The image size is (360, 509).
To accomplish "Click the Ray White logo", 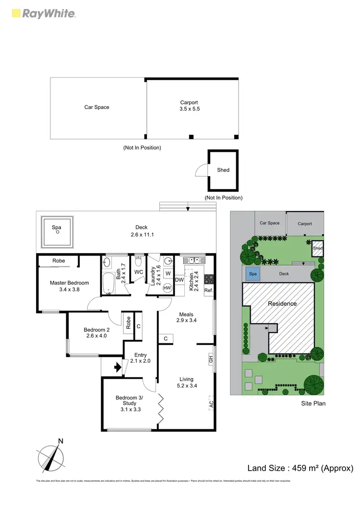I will tap(43, 13).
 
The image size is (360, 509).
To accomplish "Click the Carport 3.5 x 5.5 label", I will tap(189, 106).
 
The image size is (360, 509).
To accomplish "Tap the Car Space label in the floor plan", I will tap(96, 107).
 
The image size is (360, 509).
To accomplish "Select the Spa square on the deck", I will tap(57, 231).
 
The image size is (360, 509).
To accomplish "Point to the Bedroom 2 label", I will tap(97, 333).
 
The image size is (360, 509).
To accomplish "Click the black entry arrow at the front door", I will tap(117, 368).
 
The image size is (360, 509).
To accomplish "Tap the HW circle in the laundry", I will tap(168, 288).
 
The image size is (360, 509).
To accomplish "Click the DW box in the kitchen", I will tap(180, 280).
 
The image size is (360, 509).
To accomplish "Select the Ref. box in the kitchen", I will tap(208, 291).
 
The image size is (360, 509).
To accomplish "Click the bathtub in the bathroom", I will tap(109, 284).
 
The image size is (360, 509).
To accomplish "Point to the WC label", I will tap(139, 272).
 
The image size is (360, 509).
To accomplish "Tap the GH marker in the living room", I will tap(211, 359).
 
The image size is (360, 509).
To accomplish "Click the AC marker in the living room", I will tap(211, 405).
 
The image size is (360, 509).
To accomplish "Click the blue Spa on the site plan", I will tap(252, 275).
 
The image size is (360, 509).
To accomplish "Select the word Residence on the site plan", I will tap(282, 303).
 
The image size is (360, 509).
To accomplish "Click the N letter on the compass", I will tap(60, 441).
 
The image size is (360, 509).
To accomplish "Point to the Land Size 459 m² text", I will tap(300, 468).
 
